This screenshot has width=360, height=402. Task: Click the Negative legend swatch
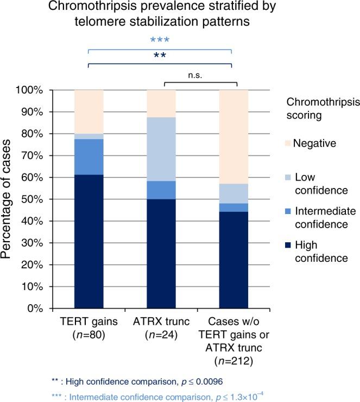(x=287, y=143)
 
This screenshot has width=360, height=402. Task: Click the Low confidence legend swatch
(x=287, y=178)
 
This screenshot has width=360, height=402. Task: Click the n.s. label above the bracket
(x=200, y=77)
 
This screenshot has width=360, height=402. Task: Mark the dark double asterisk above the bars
(x=160, y=56)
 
